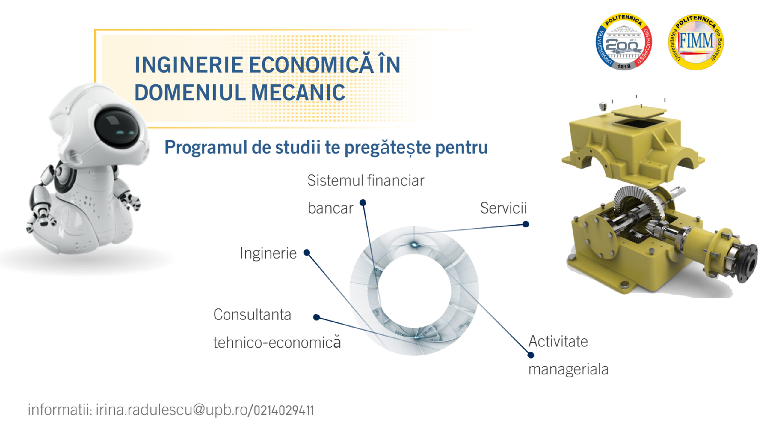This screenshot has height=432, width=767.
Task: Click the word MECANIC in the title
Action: pyautogui.click(x=298, y=92)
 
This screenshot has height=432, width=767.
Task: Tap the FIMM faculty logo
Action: pyautogui.click(x=696, y=42)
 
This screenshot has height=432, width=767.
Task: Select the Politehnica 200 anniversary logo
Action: pyautogui.click(x=623, y=42)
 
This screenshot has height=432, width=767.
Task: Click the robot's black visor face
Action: pyautogui.click(x=117, y=128)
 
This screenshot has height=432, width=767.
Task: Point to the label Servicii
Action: pyautogui.click(x=503, y=208)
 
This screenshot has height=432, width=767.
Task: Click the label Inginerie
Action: pyautogui.click(x=268, y=253)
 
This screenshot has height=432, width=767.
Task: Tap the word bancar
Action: pyautogui.click(x=330, y=208)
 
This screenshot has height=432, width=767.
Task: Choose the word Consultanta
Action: pyautogui.click(x=252, y=315)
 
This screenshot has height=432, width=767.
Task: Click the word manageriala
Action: pyautogui.click(x=568, y=369)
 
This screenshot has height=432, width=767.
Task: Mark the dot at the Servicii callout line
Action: pyautogui.click(x=526, y=224)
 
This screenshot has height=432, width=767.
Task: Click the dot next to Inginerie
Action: pyautogui.click(x=307, y=253)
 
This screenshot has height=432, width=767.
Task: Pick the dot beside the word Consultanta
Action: pyautogui.click(x=316, y=317)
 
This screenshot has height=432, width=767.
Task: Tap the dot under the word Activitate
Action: pyautogui.click(x=531, y=355)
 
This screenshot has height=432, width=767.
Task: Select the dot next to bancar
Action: pyautogui.click(x=363, y=203)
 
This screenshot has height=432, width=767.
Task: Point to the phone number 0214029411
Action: pyautogui.click(x=284, y=410)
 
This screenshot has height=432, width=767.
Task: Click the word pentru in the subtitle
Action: pyautogui.click(x=461, y=148)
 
